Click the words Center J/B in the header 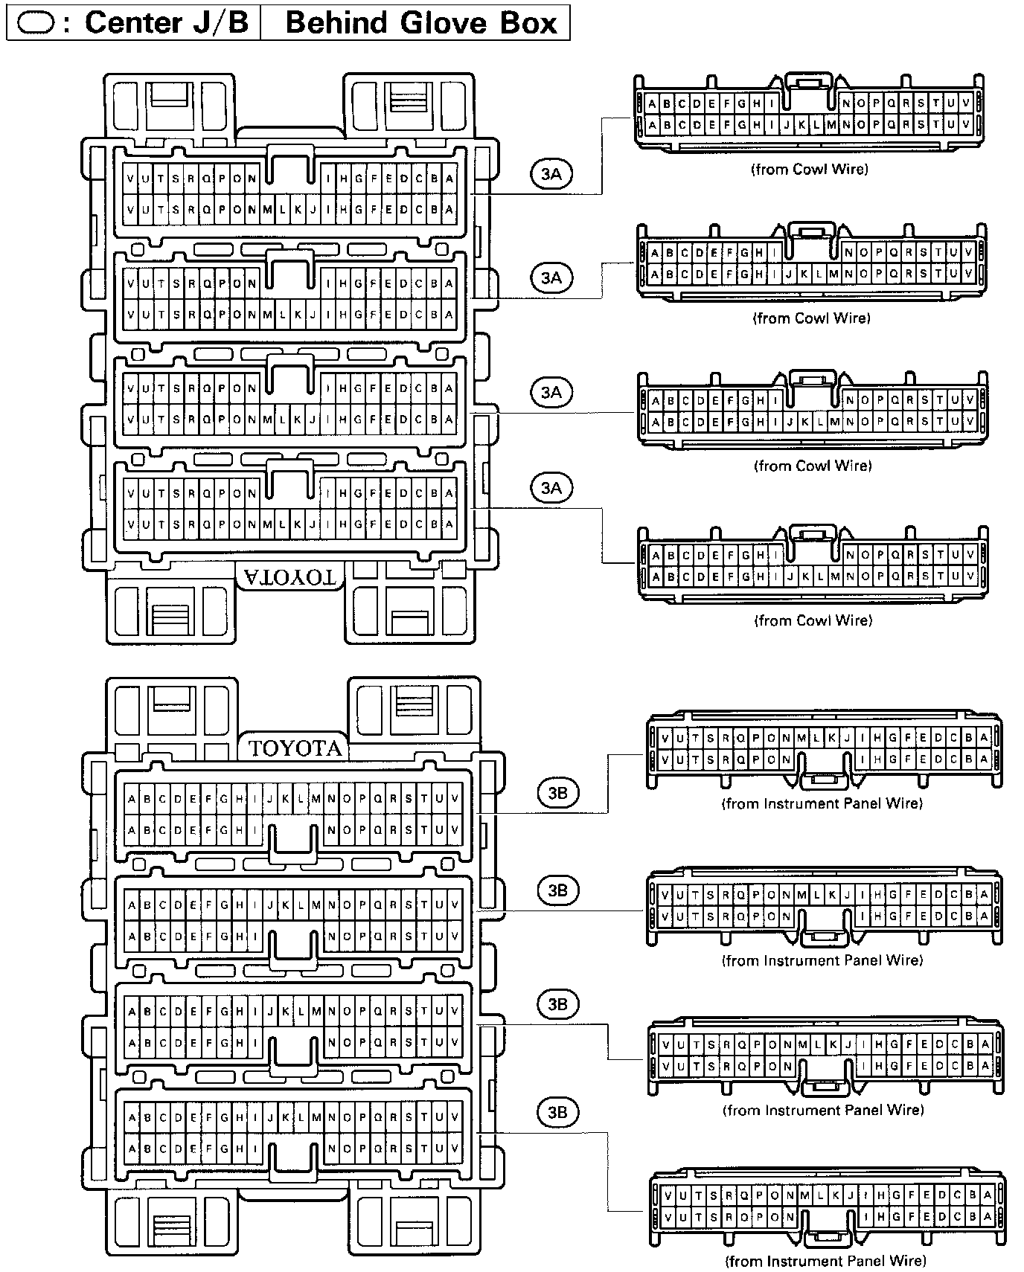coord(167,22)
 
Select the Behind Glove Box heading coord(421,22)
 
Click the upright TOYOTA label coord(295,748)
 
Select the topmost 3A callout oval coord(551,174)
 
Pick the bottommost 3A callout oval coord(551,488)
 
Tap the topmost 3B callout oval coord(557,793)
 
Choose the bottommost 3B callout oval coord(557,1112)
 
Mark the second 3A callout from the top coord(551,278)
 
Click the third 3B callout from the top coord(557,1005)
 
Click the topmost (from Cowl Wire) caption coord(809,169)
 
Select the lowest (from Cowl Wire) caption coord(813,620)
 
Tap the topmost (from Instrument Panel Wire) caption coord(822,803)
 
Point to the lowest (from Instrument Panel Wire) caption coord(825,1261)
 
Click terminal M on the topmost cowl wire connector coord(831,125)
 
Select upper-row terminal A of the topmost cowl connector coord(653,104)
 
